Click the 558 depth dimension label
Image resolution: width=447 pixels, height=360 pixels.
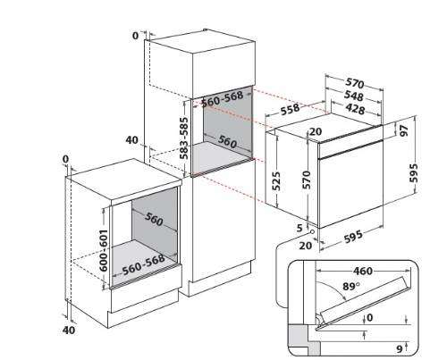[x=290, y=109]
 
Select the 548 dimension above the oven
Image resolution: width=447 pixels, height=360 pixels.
[x=354, y=96]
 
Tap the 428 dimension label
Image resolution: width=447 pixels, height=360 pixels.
[x=355, y=108]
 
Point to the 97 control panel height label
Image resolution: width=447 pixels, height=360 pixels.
[x=404, y=130]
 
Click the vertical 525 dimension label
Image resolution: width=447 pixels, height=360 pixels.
[x=276, y=180]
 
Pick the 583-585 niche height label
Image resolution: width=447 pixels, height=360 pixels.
[x=183, y=138]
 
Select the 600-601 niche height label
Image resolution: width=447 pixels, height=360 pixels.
[x=104, y=250]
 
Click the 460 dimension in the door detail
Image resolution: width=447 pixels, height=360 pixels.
[x=363, y=271]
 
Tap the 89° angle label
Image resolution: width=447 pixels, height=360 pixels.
[x=351, y=286]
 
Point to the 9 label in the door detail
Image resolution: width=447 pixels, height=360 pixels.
[x=400, y=348]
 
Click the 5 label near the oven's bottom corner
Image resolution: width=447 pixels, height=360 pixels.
[x=299, y=228]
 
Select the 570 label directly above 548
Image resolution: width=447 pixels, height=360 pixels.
[x=355, y=83]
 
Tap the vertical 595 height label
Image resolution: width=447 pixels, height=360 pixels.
[x=414, y=172]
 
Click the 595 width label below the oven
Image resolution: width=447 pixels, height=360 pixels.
[x=353, y=237]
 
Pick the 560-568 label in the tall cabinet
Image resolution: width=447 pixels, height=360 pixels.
[x=223, y=99]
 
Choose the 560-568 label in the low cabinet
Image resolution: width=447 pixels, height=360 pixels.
[x=144, y=264]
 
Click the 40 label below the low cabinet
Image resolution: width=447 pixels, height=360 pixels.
[x=69, y=330]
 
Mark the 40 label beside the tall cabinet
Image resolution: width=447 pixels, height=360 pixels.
[x=131, y=140]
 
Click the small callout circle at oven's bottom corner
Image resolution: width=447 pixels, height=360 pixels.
[x=313, y=231]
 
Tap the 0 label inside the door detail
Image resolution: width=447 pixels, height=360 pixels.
[x=370, y=317]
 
